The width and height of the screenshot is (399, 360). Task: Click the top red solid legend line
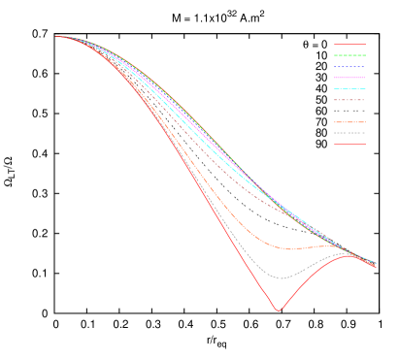point(349,45)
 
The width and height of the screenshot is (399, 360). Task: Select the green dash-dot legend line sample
point(349,55)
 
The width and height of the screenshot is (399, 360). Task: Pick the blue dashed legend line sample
point(349,67)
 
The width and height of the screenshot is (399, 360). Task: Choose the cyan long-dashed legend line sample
point(349,88)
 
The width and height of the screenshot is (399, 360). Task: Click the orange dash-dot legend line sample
point(349,122)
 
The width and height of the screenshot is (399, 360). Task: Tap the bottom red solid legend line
point(349,145)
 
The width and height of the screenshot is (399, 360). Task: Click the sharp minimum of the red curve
point(279,311)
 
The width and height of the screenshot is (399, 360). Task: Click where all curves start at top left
point(58,37)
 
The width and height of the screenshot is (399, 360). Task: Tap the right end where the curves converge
point(375,264)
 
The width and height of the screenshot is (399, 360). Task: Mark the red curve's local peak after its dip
point(348,255)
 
